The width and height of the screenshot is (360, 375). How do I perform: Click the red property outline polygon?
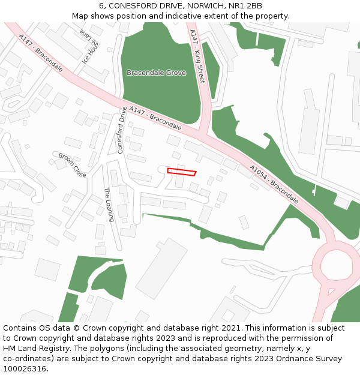point(181,172)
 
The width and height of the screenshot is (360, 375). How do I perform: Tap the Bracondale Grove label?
point(156,73)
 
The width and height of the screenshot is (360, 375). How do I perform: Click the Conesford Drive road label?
point(122,130)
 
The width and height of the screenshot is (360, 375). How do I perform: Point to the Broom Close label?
point(72,165)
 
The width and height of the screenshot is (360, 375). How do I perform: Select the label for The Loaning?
point(109,205)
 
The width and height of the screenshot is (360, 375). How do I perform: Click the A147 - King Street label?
point(197,56)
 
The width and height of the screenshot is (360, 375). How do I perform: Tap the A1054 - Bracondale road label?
point(274,184)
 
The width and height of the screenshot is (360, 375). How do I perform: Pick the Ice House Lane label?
point(89,47)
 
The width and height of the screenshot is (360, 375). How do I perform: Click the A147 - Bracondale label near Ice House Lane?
point(41,53)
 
